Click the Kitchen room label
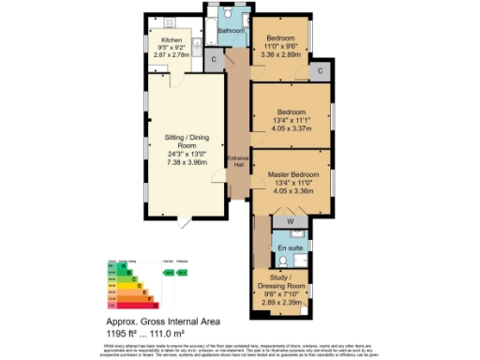click(172, 41)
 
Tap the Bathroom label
click(231, 30)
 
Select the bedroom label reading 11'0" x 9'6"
click(284, 45)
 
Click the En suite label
click(291, 247)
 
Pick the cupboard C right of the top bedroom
click(320, 70)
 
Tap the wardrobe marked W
click(291, 221)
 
